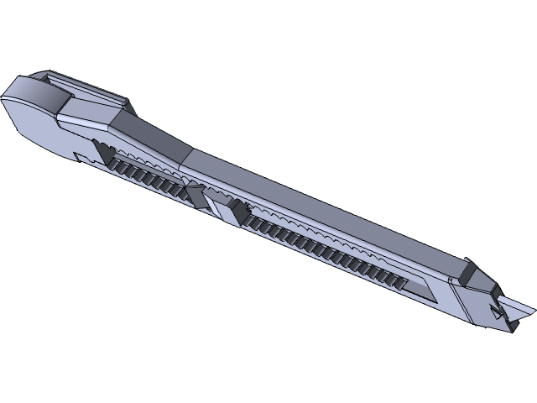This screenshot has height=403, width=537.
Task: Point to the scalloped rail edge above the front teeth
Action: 336,239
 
